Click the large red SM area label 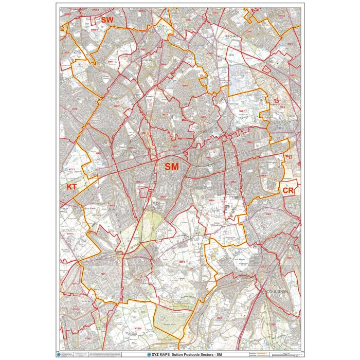pyautogui.click(x=171, y=167)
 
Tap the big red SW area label pyautogui.click(x=107, y=20)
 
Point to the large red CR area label pyautogui.click(x=288, y=190)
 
